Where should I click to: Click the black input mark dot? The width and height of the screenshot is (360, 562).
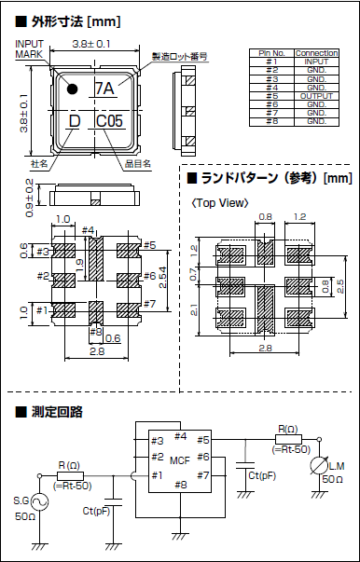[x=72, y=89]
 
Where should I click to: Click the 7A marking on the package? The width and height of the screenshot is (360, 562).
[x=104, y=89]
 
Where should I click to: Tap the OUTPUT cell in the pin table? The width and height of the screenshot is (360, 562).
[x=316, y=96]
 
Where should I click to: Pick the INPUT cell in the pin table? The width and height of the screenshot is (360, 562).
[x=316, y=62]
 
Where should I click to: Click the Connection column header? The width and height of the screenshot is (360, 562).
[x=316, y=53]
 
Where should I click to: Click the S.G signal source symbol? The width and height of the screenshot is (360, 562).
[x=42, y=502]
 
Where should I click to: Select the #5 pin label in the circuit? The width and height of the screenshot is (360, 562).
[x=204, y=438]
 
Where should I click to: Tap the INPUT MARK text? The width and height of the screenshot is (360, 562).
[x=29, y=49]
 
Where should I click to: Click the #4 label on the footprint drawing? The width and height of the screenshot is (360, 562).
[x=90, y=230]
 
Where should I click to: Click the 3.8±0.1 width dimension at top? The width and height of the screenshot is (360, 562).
[x=92, y=43]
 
